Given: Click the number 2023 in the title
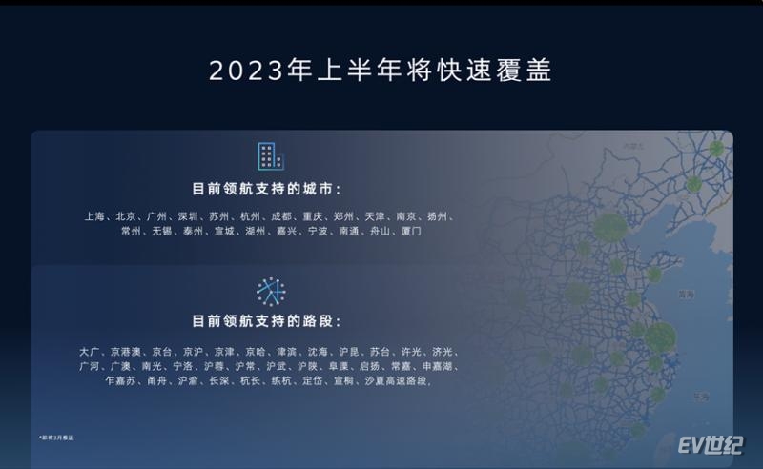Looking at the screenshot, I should coord(241,71).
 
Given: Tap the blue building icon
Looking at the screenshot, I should coord(271,156).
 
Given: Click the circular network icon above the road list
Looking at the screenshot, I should coord(271,291).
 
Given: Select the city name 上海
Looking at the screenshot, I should coord(95,216).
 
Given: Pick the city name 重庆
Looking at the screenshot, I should coord(314,216).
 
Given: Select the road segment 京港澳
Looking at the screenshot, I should coord(125,352).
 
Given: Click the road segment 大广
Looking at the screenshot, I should coord(89,352).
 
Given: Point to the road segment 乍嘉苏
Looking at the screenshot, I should coord(120,381).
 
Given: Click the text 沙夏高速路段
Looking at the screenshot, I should coord(398,381).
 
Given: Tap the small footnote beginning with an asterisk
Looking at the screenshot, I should coord(57,436).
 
